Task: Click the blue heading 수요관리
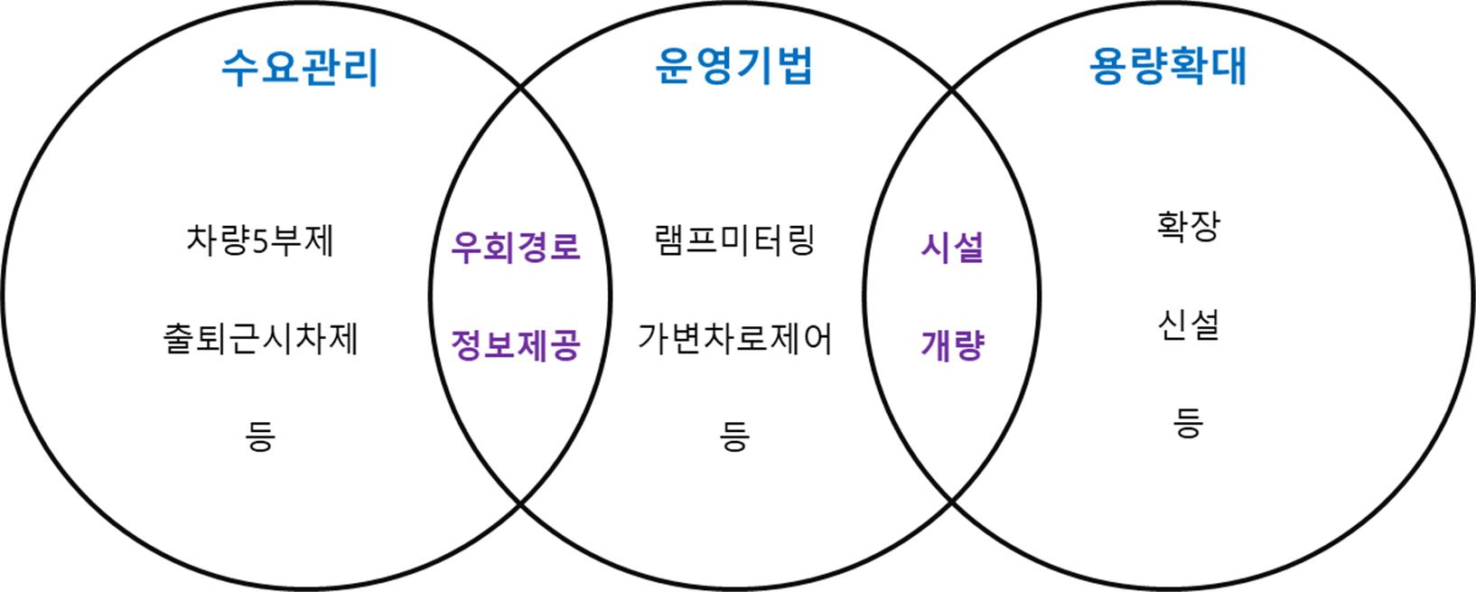[300, 69]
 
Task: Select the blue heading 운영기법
[733, 66]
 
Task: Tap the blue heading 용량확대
[1168, 66]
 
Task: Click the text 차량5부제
[260, 241]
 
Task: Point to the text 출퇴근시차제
[260, 340]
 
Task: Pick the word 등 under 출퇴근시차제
[260, 437]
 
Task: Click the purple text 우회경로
[515, 247]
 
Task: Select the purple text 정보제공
[515, 345]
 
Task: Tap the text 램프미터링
[734, 241]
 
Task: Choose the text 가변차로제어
[734, 340]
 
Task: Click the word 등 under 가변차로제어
[734, 437]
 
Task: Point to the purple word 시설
[952, 247]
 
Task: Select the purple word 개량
[952, 345]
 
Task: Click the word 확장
[1189, 226]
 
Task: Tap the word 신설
[1189, 324]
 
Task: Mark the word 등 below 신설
[1189, 421]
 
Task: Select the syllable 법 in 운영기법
[794, 66]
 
